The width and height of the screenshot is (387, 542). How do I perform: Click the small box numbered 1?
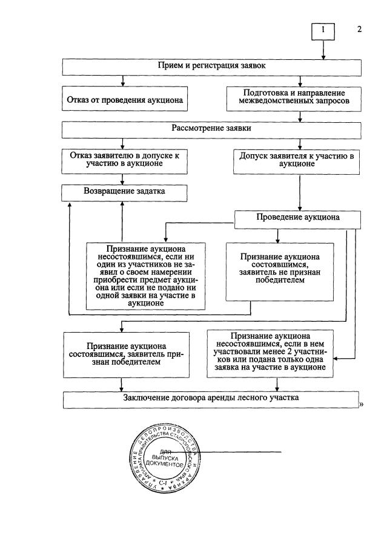click(323, 31)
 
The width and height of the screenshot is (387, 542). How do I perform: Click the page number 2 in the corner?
click(360, 29)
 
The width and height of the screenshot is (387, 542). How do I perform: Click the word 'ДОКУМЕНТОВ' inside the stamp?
click(164, 464)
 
